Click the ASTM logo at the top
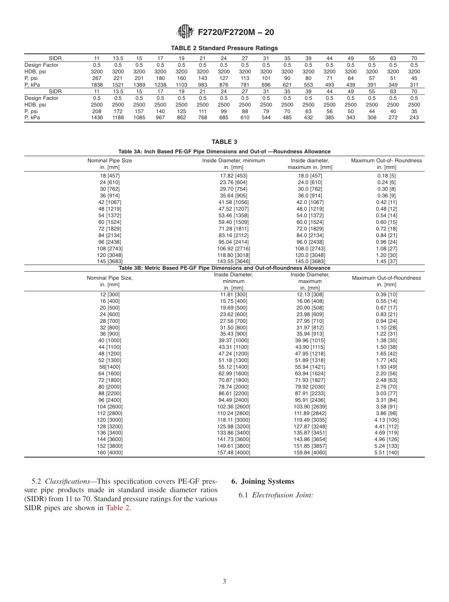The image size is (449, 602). (185, 32)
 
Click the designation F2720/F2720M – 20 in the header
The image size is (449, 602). (236, 33)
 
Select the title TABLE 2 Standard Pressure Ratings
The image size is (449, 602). (224, 48)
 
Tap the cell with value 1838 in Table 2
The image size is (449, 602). (96, 84)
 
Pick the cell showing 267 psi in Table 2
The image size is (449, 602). (96, 78)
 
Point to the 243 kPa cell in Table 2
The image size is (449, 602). (414, 117)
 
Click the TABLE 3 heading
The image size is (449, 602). (224, 142)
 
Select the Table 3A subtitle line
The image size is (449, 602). (224, 151)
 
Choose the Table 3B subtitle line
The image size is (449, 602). (224, 268)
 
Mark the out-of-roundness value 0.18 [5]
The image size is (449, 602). (386, 176)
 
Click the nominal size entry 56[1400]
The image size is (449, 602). (110, 367)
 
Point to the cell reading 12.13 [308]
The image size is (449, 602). (310, 294)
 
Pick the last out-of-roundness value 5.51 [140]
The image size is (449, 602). (386, 452)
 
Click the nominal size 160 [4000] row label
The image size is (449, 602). (110, 452)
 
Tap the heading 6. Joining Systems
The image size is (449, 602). (262, 481)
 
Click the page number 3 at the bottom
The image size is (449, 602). (224, 582)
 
